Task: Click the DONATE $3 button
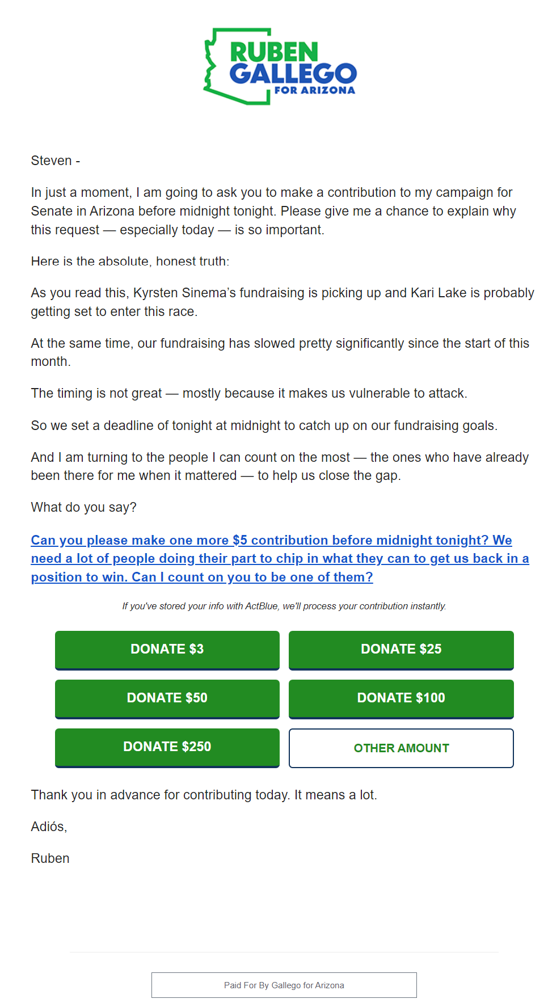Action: click(x=167, y=650)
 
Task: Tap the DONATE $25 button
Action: click(x=401, y=650)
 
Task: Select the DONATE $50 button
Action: click(x=167, y=698)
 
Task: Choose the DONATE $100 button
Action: click(x=401, y=698)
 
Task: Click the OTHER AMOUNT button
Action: click(x=401, y=748)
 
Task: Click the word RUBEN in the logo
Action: click(x=274, y=53)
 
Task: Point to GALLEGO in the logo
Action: click(x=293, y=73)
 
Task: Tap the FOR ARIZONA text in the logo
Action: click(x=314, y=90)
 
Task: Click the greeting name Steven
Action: click(x=51, y=161)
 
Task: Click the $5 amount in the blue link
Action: click(x=240, y=541)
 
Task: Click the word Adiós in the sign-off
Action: click(x=48, y=827)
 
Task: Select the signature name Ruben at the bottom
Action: click(x=50, y=859)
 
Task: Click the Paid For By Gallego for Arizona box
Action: click(x=284, y=985)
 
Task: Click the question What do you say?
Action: click(x=83, y=508)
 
